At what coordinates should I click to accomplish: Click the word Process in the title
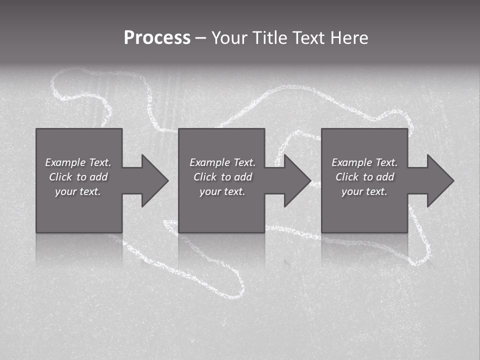tap(157, 37)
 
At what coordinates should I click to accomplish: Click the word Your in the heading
tap(230, 37)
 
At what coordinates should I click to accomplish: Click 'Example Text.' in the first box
tap(78, 162)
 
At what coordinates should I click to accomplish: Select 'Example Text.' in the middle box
tap(222, 162)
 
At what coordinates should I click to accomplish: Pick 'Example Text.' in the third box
tap(364, 162)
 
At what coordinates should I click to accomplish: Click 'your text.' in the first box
tap(78, 191)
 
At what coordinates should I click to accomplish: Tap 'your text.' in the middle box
tap(222, 191)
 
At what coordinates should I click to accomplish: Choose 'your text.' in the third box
tap(364, 191)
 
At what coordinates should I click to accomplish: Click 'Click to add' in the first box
tap(78, 177)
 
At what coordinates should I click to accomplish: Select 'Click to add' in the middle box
tap(222, 177)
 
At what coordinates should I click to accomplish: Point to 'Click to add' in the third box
tap(364, 177)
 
